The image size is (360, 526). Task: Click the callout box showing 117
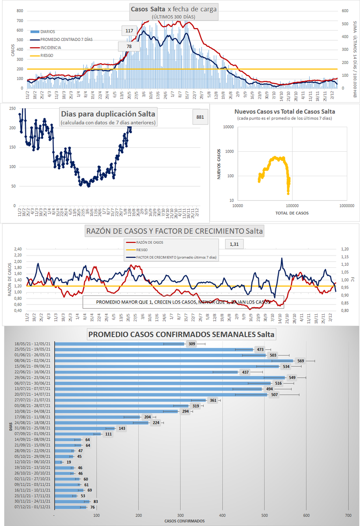click(129, 31)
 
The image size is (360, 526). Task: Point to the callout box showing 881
click(200, 117)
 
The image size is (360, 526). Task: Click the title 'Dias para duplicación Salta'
click(109, 115)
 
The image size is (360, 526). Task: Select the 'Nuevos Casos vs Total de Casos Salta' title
click(285, 111)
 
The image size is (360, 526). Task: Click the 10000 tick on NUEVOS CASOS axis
click(229, 127)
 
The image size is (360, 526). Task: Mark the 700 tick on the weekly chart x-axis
click(348, 515)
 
